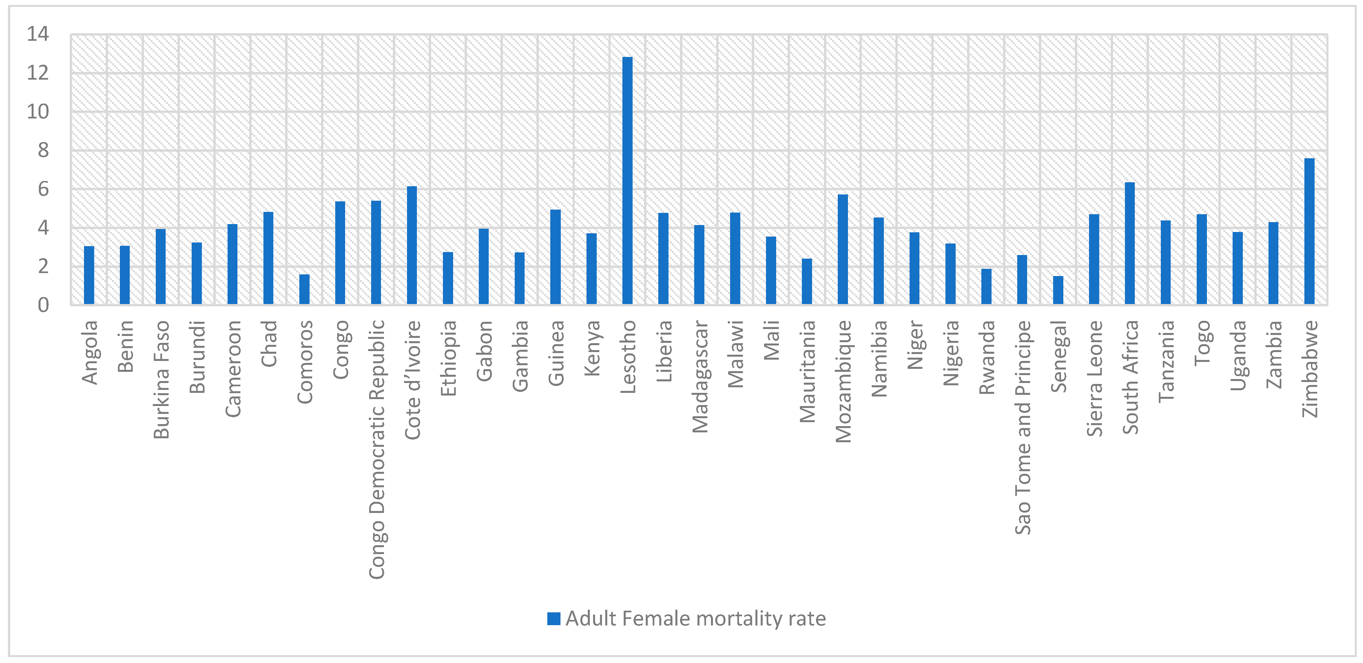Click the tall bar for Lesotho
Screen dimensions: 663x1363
point(627,180)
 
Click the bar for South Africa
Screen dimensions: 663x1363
point(1130,243)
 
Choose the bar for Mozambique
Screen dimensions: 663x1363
point(842,249)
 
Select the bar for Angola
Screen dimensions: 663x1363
point(89,275)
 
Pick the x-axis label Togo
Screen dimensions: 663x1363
point(1202,343)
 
